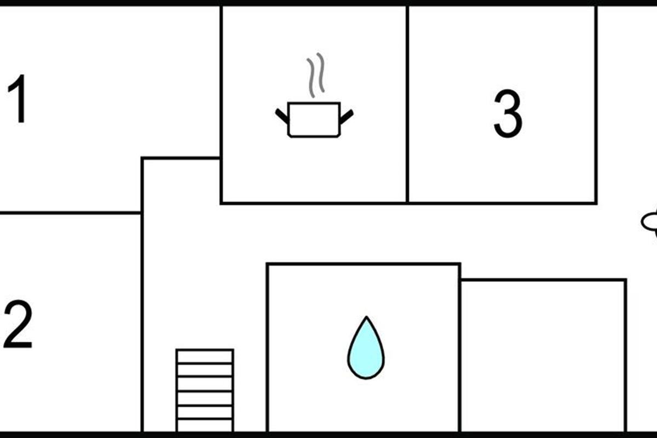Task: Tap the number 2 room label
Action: coord(18,324)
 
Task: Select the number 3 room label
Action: coord(508,114)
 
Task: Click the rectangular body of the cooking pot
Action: coord(314,120)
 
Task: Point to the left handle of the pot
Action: coord(282,116)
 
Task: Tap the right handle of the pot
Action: coord(347,117)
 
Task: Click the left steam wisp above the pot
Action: coord(311,78)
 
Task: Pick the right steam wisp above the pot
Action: coord(321,72)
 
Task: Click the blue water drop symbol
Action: coord(366,348)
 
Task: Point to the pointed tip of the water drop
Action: coord(366,316)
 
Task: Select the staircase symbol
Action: coord(205,390)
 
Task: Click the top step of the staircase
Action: coord(205,357)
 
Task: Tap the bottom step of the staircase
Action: coord(205,425)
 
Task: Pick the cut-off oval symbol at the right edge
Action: coord(649,222)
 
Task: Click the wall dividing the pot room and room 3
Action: coord(407,104)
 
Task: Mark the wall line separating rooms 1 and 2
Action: coord(71,212)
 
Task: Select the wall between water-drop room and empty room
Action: coord(459,348)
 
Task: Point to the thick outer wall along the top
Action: coord(328,3)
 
